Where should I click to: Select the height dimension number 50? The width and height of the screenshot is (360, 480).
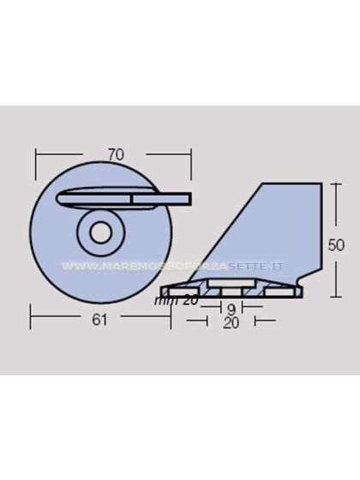click(x=338, y=244)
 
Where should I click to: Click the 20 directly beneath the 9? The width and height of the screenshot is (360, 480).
click(x=231, y=322)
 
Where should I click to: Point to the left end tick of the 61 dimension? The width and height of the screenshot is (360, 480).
click(x=32, y=320)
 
